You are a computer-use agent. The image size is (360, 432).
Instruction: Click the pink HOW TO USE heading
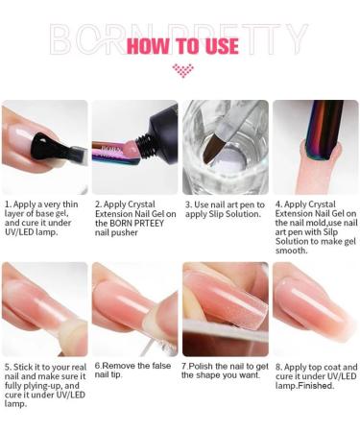pyautogui.click(x=181, y=44)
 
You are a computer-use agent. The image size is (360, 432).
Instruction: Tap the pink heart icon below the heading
pyautogui.click(x=181, y=70)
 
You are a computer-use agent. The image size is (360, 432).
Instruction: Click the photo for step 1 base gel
pyautogui.click(x=45, y=146)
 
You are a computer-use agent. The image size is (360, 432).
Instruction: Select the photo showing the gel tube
pyautogui.click(x=134, y=146)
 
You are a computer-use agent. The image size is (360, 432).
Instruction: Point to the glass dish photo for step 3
pyautogui.click(x=225, y=146)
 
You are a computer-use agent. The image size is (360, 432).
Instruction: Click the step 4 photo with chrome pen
pyautogui.click(x=315, y=146)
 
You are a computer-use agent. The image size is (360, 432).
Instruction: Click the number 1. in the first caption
pyautogui.click(x=8, y=204)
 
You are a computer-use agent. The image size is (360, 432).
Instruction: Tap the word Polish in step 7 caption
pyautogui.click(x=205, y=366)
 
